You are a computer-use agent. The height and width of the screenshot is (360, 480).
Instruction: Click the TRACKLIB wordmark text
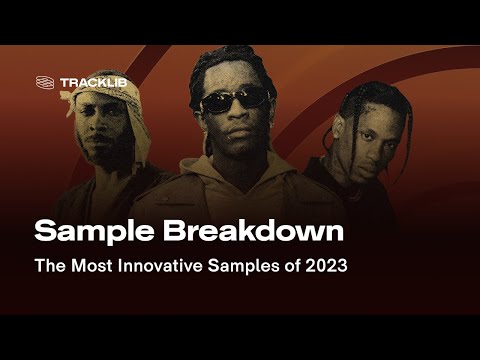[x=93, y=82]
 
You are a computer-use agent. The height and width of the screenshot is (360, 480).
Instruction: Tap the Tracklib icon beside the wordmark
[x=44, y=82]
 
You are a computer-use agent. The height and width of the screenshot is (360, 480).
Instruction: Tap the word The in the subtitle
[x=48, y=267]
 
